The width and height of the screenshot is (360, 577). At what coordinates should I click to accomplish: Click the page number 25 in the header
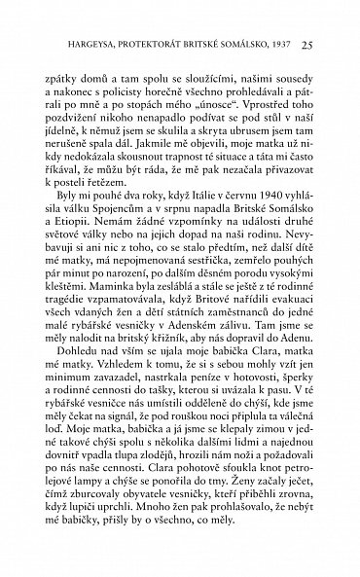click(x=306, y=44)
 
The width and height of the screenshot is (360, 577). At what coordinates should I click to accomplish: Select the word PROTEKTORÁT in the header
click(x=148, y=44)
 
